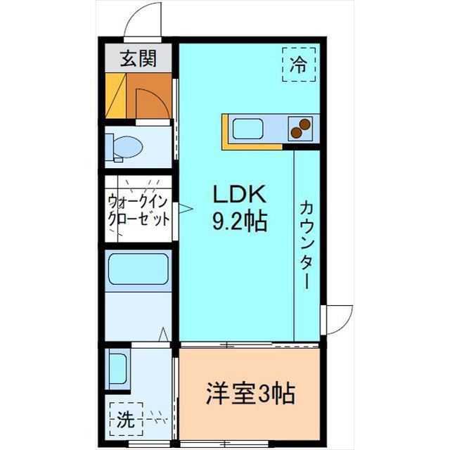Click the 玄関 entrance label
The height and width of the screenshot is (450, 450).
(137, 59)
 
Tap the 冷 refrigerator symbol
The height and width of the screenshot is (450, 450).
(299, 64)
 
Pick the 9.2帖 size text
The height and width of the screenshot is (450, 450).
(239, 223)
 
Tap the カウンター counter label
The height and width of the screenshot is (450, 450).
(307, 243)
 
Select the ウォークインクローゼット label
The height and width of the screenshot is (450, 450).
(139, 209)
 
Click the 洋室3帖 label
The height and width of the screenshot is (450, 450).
(250, 392)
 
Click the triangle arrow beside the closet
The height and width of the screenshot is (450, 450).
(184, 208)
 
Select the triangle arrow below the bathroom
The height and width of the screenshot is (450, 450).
(162, 335)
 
